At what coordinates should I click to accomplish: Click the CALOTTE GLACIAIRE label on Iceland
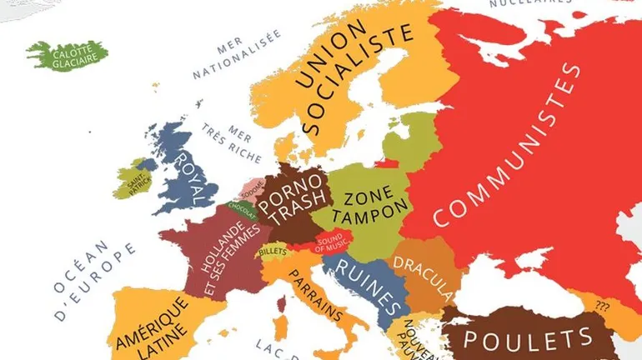75,54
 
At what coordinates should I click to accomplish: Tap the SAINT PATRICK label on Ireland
133,179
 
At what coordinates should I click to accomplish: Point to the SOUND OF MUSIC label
331,242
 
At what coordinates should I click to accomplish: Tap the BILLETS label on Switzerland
273,251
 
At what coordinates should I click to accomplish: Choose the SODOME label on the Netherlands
253,185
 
